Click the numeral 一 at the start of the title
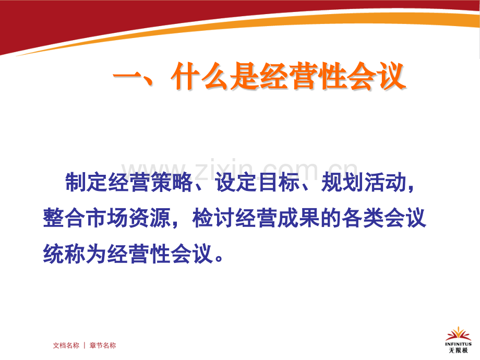click(x=127, y=78)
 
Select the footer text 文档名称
click(x=66, y=345)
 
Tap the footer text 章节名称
click(x=103, y=345)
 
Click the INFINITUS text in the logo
click(x=458, y=344)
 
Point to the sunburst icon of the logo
click(x=458, y=333)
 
